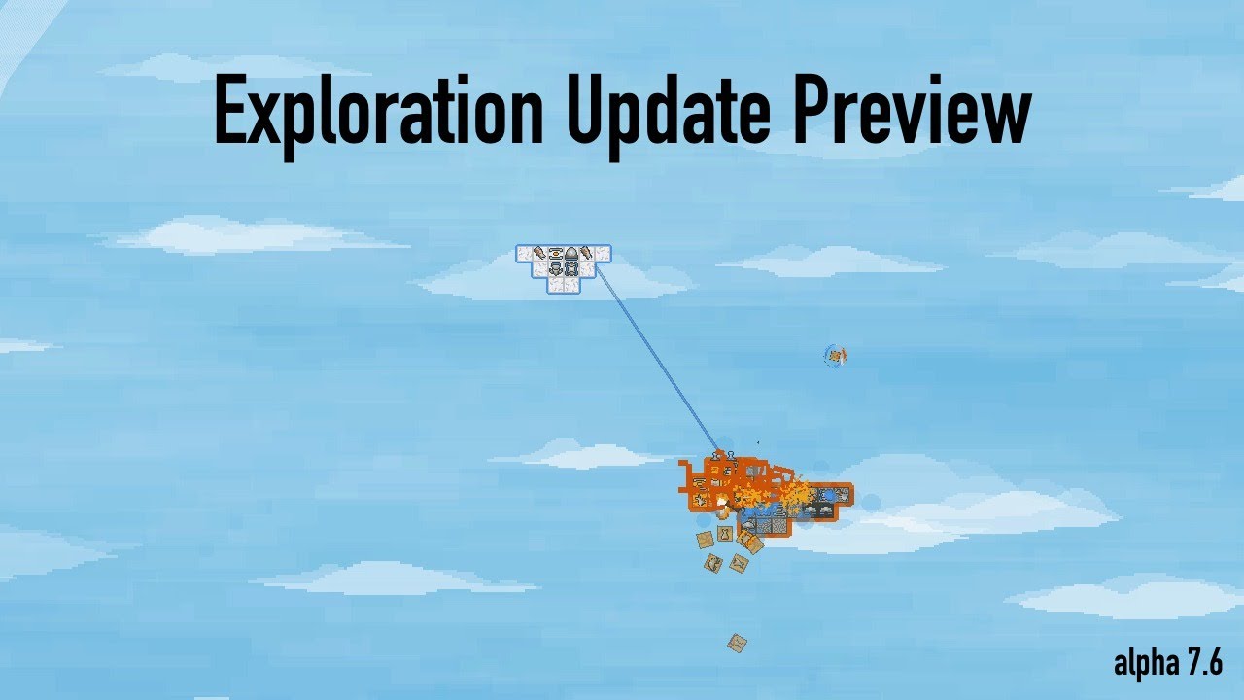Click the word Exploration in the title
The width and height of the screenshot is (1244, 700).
[x=379, y=111]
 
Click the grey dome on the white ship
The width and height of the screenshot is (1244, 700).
[x=572, y=255]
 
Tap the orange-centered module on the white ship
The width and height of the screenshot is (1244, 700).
[x=556, y=255]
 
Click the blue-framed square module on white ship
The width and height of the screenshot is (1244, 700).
[x=571, y=269]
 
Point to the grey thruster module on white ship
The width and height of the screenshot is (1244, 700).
[x=556, y=269]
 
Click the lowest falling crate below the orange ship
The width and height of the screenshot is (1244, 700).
[x=737, y=643]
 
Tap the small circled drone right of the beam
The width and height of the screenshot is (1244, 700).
[x=835, y=356]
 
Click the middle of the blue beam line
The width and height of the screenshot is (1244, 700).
[x=658, y=360]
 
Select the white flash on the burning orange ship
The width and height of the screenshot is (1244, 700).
[x=723, y=502]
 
